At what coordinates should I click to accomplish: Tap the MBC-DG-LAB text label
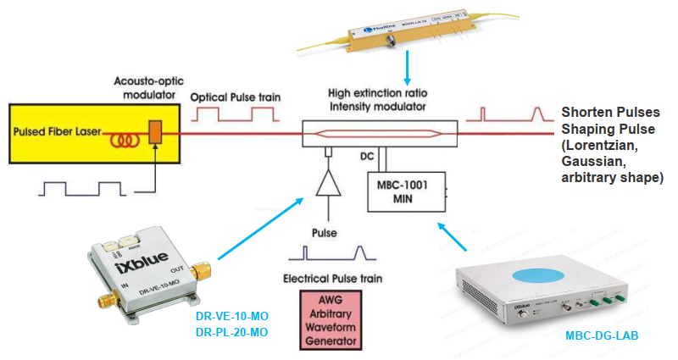tap(603, 335)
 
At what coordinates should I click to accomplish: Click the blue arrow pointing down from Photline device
tap(409, 68)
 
